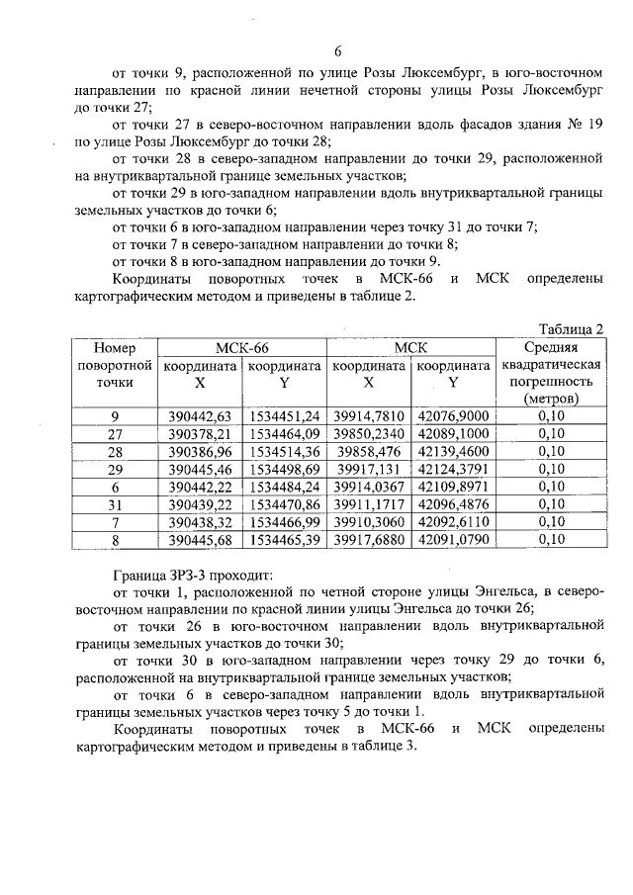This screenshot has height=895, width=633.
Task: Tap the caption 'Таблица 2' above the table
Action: tap(571, 328)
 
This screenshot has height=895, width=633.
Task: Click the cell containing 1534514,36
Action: tap(285, 451)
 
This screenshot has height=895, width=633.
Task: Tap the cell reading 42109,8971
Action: tap(454, 487)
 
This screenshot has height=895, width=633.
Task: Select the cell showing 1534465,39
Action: tap(285, 540)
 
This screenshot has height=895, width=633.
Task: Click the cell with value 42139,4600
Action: tap(454, 451)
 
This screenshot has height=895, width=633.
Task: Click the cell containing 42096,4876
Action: tap(454, 504)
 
